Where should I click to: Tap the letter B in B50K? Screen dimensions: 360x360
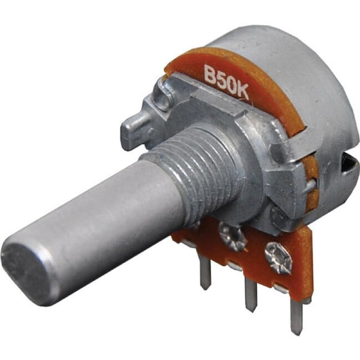[x=211, y=74]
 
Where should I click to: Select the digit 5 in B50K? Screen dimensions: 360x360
[x=221, y=79]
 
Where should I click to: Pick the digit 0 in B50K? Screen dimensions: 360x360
[x=231, y=85]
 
